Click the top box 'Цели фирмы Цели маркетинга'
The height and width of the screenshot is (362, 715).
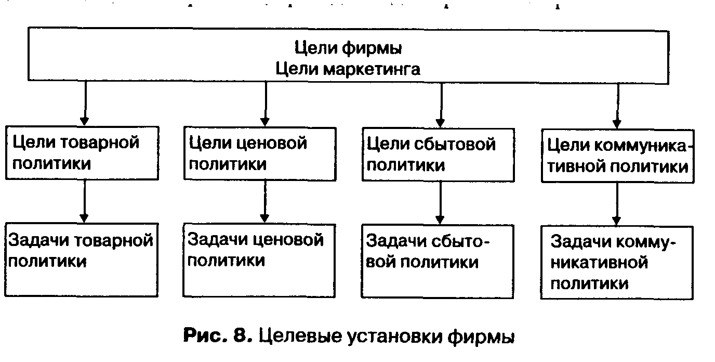[348, 57]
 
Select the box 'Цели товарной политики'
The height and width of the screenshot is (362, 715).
[83, 152]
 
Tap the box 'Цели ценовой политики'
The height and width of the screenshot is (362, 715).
[259, 152]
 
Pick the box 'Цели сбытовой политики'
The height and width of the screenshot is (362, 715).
[438, 154]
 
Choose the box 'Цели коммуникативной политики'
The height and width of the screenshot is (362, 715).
[617, 156]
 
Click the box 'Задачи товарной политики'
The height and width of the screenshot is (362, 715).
[81, 259]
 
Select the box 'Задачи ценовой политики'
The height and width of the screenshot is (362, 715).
[259, 260]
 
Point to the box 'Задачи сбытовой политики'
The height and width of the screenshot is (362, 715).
[438, 261]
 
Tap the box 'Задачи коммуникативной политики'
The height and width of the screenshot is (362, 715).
[617, 262]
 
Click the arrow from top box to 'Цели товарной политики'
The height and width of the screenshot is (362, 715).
[86, 104]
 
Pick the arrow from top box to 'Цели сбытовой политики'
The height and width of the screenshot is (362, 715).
[441, 104]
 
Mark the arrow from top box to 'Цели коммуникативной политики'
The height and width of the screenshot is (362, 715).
[617, 106]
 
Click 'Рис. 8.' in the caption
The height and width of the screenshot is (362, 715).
[218, 337]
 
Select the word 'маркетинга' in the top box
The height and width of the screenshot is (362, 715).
[372, 69]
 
